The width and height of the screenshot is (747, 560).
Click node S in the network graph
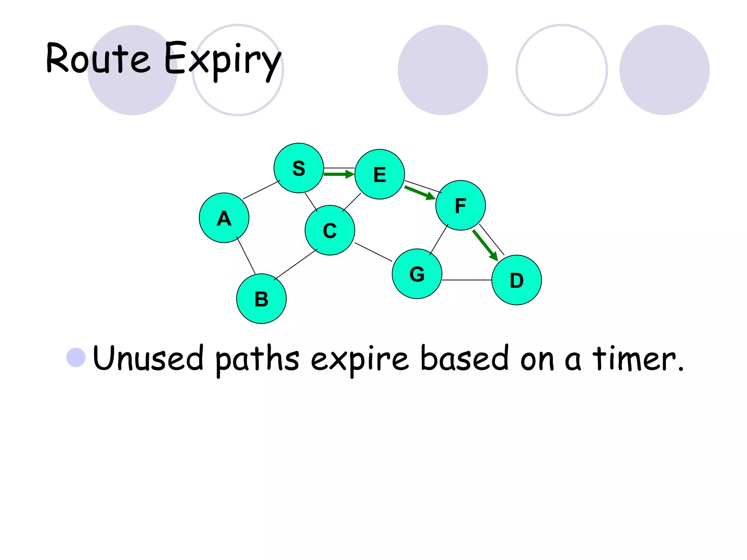coord(299,168)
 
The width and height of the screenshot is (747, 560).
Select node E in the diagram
coord(380,174)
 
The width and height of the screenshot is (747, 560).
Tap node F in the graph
coord(461,205)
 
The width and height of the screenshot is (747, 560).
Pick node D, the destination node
coord(516,280)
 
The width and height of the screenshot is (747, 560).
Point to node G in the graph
coord(417,274)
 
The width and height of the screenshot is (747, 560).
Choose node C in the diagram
coord(330,230)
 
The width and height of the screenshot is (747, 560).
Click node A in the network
coord(224,218)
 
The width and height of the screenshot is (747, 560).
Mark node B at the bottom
coord(261,299)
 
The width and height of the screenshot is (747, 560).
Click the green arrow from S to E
coord(338,175)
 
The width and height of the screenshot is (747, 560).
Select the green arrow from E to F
coord(419,192)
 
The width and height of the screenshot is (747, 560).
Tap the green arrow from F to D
coord(485,245)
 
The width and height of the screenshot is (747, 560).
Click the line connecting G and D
coord(467,280)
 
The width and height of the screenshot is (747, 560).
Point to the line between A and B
coord(246,255)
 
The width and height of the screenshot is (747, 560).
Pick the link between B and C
coord(295,264)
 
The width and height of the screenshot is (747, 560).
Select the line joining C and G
coord(373,252)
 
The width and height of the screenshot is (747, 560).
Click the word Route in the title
coord(98,58)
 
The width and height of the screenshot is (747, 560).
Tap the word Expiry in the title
coord(222,60)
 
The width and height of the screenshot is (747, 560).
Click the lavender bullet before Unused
coord(76,357)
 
